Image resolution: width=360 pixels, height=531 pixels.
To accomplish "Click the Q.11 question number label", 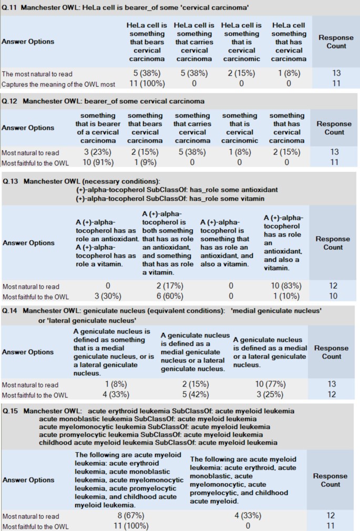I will pyautogui.click(x=11, y=8).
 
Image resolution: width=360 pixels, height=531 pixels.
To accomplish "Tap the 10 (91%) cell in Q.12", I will pyautogui.click(x=95, y=162).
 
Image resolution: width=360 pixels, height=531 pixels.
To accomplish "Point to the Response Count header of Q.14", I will pyautogui.click(x=331, y=352).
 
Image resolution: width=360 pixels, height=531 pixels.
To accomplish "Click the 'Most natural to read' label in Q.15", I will pyautogui.click(x=30, y=516).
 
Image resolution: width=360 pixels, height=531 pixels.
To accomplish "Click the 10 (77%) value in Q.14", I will pyautogui.click(x=270, y=385).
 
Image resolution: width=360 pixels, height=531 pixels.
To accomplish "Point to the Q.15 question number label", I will pyautogui.click(x=11, y=411).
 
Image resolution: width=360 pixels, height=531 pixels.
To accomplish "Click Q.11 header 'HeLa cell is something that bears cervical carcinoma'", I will pyautogui.click(x=147, y=42).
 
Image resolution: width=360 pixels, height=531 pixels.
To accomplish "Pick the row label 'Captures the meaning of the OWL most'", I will pyautogui.click(x=58, y=84).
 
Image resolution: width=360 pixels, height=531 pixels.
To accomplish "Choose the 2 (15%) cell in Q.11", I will pyautogui.click(x=241, y=74).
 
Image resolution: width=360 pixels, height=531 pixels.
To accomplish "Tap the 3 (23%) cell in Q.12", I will pyautogui.click(x=95, y=152).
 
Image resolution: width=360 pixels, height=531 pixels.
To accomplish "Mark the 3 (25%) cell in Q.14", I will pyautogui.click(x=270, y=395).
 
